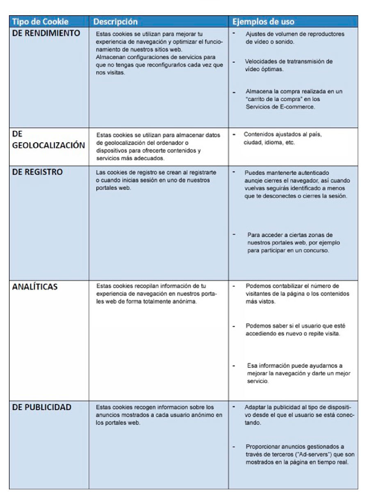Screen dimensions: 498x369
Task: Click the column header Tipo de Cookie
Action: [x=39, y=21]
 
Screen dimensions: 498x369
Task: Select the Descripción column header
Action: [x=116, y=21]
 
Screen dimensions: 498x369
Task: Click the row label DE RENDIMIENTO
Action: [x=46, y=34]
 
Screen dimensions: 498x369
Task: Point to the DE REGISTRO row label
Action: [x=38, y=172]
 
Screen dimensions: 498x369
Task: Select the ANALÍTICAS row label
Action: [x=35, y=287]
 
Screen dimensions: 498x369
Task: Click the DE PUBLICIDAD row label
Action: [x=42, y=407]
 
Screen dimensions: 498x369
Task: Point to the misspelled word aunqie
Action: [x=255, y=180]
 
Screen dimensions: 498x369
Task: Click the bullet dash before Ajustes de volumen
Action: [x=233, y=32]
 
